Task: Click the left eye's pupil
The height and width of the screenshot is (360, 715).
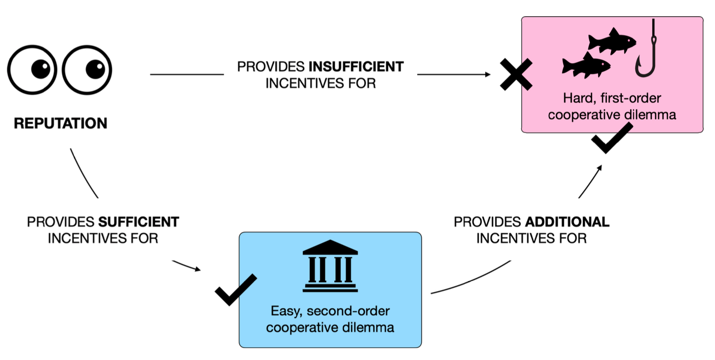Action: tap(41, 69)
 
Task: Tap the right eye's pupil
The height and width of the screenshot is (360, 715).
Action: tap(95, 69)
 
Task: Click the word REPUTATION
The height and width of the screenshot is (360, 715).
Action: tap(61, 123)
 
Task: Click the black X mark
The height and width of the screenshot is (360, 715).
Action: tap(515, 74)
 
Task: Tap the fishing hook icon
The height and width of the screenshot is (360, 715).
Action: tap(646, 54)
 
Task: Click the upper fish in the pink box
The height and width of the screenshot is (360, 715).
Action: tap(612, 42)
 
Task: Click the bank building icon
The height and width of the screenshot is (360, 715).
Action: tap(330, 266)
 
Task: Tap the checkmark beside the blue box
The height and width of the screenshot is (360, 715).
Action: tap(236, 290)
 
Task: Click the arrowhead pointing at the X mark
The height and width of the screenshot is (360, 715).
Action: tap(488, 74)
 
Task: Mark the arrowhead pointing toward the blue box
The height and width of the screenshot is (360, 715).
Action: tap(198, 269)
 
